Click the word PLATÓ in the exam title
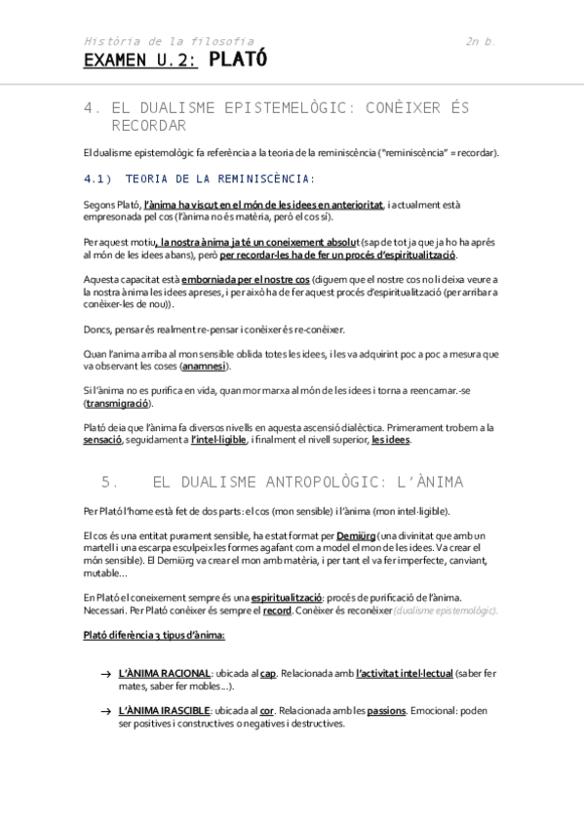click(238, 60)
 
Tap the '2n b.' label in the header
click(480, 41)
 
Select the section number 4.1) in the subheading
click(98, 178)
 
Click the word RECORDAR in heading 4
click(149, 127)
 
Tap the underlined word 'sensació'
click(102, 440)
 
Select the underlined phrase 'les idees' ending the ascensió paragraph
click(390, 440)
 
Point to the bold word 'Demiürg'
click(355, 536)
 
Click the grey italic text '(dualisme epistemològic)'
click(445, 610)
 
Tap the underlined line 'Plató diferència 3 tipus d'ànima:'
click(154, 635)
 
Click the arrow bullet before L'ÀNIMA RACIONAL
click(104, 675)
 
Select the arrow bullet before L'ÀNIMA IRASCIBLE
click(104, 712)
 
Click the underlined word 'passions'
click(386, 711)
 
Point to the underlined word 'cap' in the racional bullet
click(268, 674)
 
